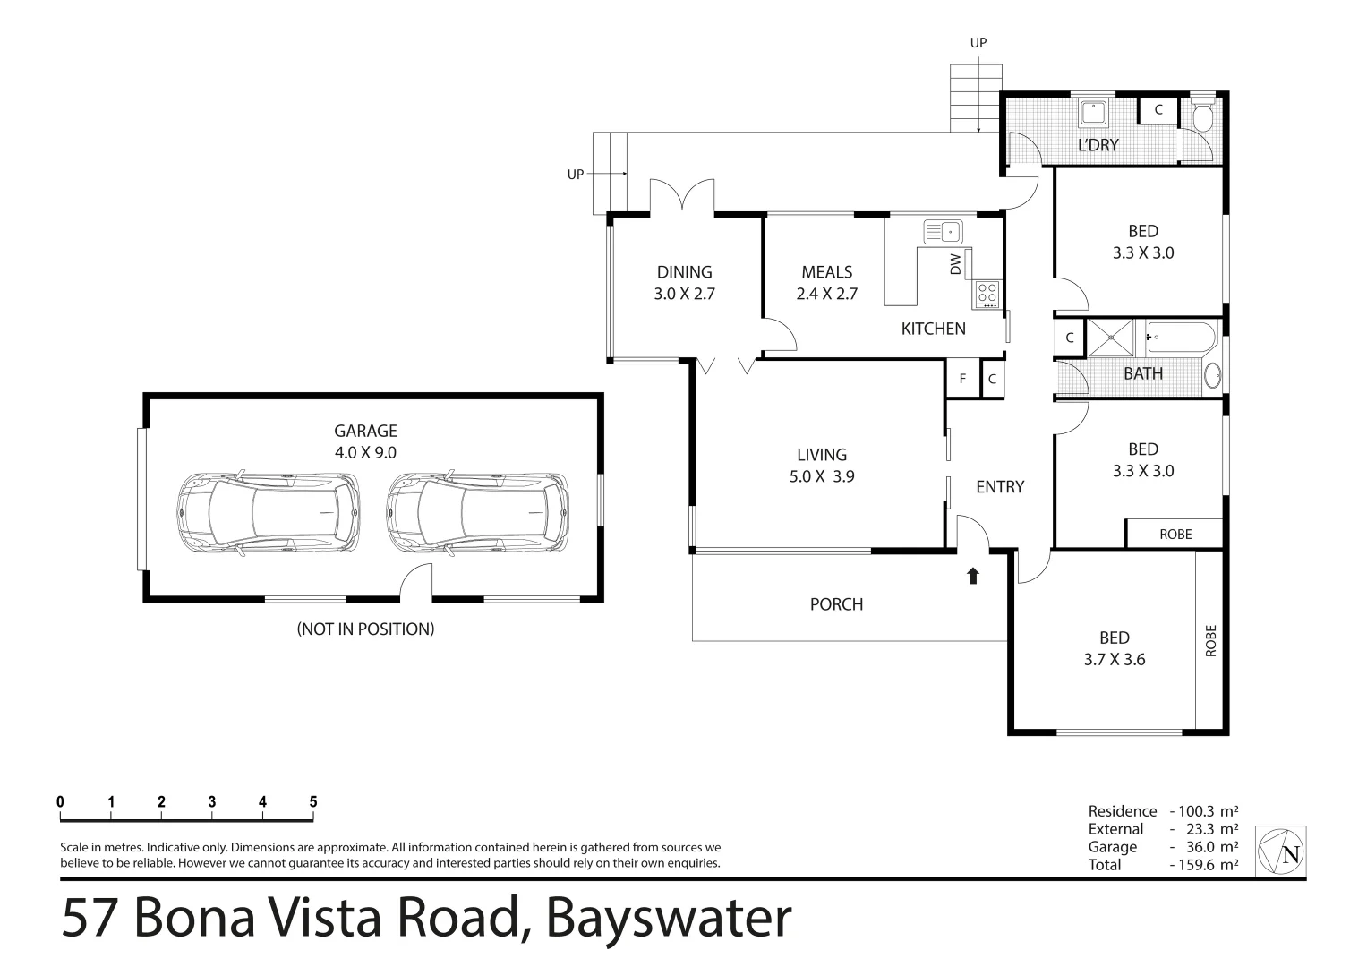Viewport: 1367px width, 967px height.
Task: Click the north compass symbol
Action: click(1281, 851)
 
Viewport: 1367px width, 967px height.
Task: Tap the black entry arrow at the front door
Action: click(973, 575)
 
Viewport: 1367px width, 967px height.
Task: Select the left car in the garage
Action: click(268, 511)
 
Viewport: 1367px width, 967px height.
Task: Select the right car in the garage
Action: click(477, 511)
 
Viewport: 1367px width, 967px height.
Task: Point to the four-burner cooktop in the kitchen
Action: click(987, 293)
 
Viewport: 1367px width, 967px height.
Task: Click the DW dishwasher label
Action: click(955, 263)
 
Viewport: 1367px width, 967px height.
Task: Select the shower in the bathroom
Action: click(1110, 338)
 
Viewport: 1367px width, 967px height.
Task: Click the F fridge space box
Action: click(963, 379)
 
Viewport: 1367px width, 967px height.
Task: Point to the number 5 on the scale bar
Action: click(313, 802)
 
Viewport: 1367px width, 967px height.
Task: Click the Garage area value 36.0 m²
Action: click(1203, 847)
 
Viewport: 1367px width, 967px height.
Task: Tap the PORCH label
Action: click(836, 604)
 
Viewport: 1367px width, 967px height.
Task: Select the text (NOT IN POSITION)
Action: click(365, 629)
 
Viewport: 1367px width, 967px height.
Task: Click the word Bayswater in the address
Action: click(669, 918)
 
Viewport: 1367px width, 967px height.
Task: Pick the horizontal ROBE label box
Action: click(1175, 534)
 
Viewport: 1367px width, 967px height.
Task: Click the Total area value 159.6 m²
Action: click(1203, 865)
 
